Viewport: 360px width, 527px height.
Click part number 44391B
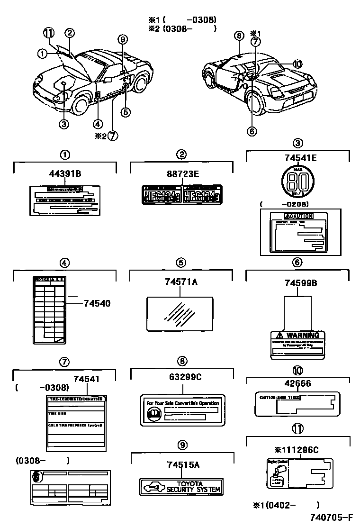(65, 174)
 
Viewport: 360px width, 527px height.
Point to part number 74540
(97, 303)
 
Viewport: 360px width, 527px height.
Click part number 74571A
(181, 282)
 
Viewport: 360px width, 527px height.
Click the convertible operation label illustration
(182, 409)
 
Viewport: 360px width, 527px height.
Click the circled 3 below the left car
(64, 124)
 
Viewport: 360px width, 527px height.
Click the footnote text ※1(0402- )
(286, 505)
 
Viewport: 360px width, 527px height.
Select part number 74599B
(301, 283)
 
